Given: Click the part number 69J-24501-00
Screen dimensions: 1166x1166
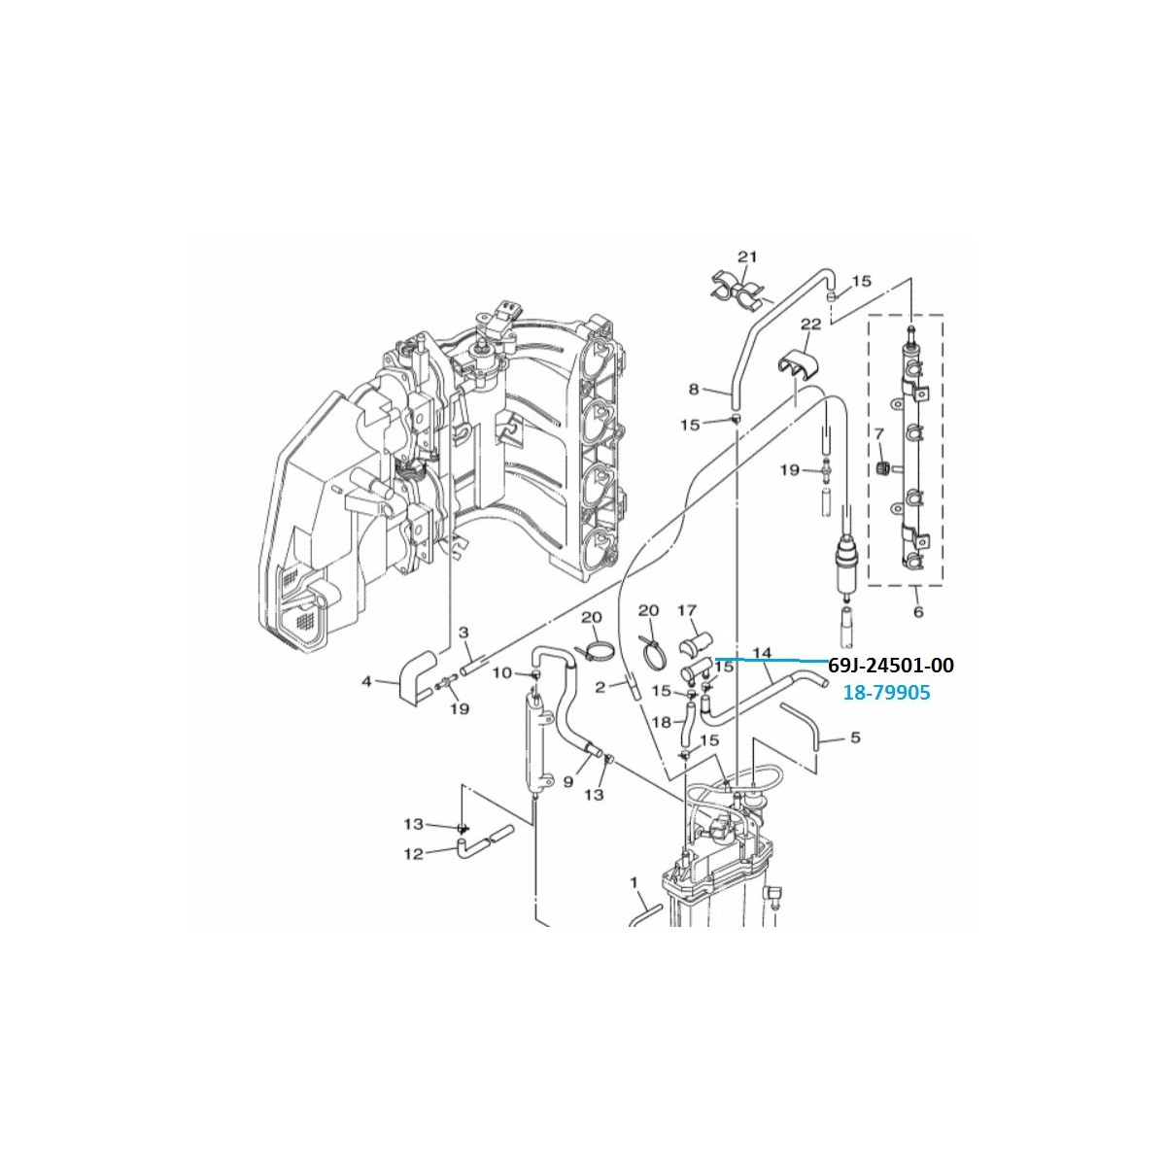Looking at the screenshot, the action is coord(891,666).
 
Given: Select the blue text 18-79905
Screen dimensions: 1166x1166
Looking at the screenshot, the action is coord(887,692).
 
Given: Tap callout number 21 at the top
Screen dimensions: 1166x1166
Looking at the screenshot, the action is coord(748,257).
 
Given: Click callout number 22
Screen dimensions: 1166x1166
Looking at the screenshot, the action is coord(810,325).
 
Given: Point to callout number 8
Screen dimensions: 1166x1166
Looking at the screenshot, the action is coord(694,389).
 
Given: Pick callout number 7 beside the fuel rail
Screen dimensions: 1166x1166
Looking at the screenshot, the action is coord(879,433).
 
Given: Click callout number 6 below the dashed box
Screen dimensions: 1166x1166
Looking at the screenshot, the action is coord(918,612).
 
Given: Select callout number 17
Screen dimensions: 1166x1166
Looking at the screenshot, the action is coord(687,610).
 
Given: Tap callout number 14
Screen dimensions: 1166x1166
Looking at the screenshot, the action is coord(764,652).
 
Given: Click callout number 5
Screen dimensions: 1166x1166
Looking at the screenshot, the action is coord(855,737).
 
